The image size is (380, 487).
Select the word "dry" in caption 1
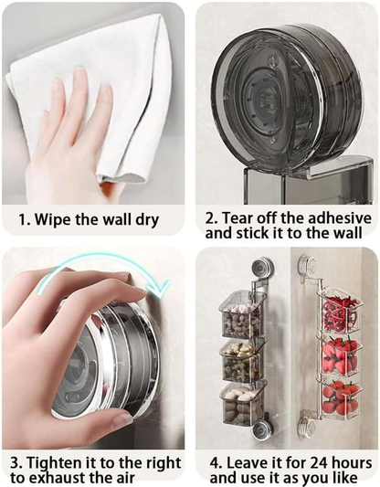(x=144, y=219)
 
